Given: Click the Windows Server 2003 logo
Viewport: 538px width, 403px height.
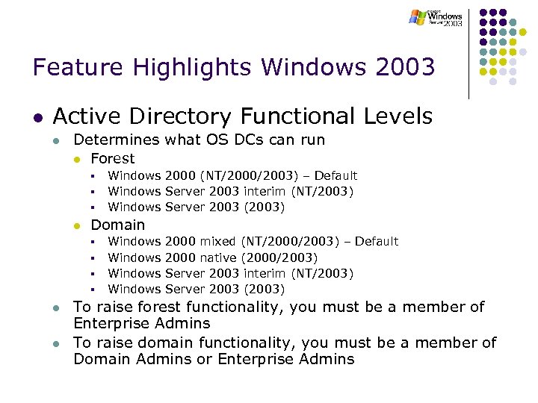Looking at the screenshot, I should point(436,17).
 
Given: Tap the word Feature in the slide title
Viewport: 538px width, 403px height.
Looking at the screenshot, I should point(78,68).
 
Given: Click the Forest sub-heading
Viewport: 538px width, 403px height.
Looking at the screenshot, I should point(112,158).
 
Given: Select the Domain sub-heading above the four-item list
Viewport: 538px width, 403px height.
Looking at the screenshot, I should point(117,225).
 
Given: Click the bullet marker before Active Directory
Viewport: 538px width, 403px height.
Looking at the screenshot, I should point(37,118).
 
